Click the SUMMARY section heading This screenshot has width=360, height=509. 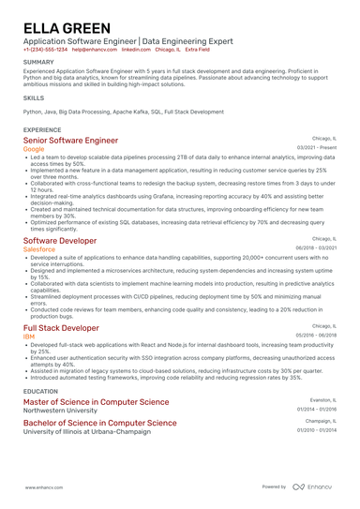(37, 62)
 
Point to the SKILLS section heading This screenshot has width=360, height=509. (33, 97)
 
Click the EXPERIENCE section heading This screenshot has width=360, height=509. (42, 129)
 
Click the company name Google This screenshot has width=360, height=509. (34, 149)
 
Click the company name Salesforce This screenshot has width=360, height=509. (39, 250)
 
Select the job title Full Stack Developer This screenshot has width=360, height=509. (61, 328)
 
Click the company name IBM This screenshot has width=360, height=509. (29, 337)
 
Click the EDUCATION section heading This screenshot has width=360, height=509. (40, 391)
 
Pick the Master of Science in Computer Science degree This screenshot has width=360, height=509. (97, 402)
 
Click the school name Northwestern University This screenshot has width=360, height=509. (63, 411)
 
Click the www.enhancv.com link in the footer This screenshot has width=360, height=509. (43, 487)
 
